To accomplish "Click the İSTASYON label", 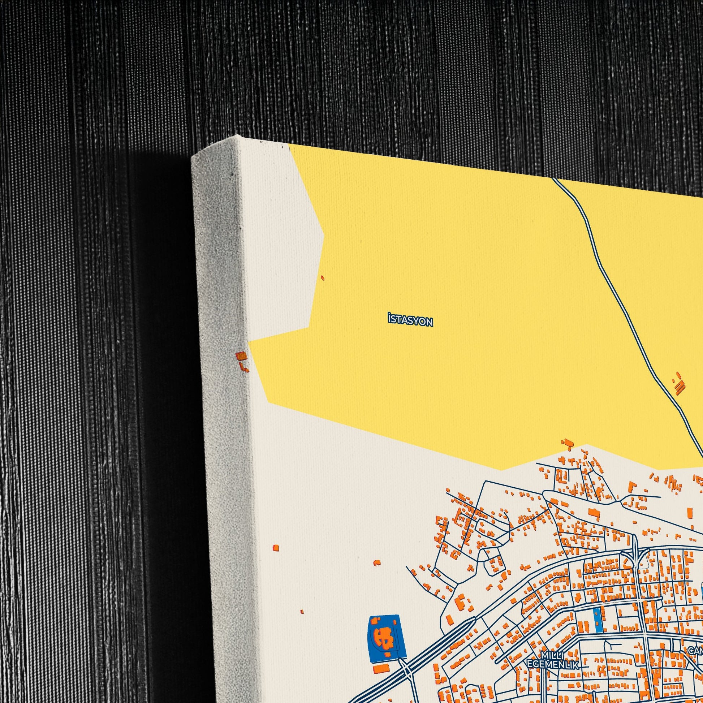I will click(410, 321).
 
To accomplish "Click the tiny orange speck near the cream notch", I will click(322, 278).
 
